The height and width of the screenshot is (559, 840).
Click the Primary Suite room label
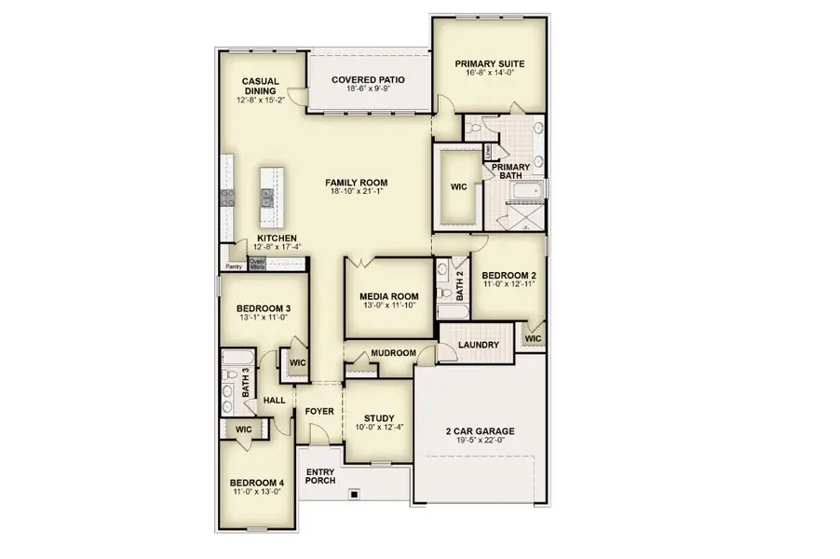pos(489,64)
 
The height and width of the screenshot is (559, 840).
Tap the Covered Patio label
pos(369,80)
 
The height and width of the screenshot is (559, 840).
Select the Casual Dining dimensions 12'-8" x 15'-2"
pos(262,100)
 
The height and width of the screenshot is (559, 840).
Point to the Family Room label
pos(356,183)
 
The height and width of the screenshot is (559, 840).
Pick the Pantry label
pos(234,266)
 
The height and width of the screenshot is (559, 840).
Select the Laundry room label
pos(479,346)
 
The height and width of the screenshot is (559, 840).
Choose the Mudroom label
pos(392,354)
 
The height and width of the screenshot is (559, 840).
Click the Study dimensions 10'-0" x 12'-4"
pos(379,429)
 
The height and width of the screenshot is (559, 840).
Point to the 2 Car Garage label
pos(480,431)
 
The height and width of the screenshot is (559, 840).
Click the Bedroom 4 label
pos(257,483)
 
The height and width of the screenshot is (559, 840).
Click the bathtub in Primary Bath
pos(526,195)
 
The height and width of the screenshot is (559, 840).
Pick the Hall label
pos(274,401)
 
